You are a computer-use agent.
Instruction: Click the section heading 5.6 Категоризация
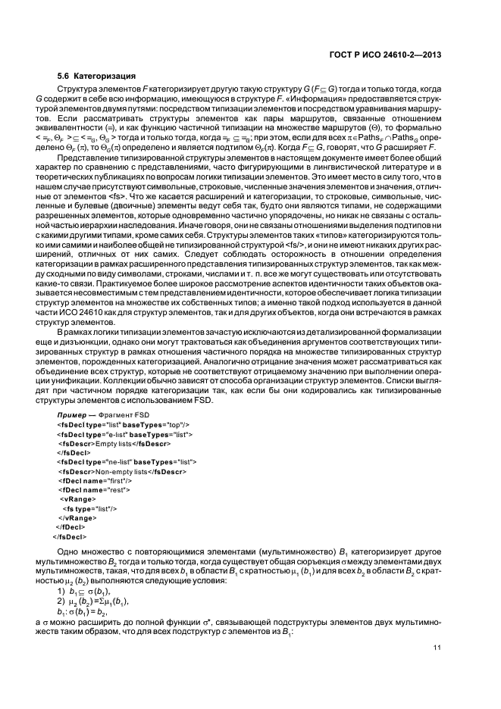pyautogui.click(x=97, y=77)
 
